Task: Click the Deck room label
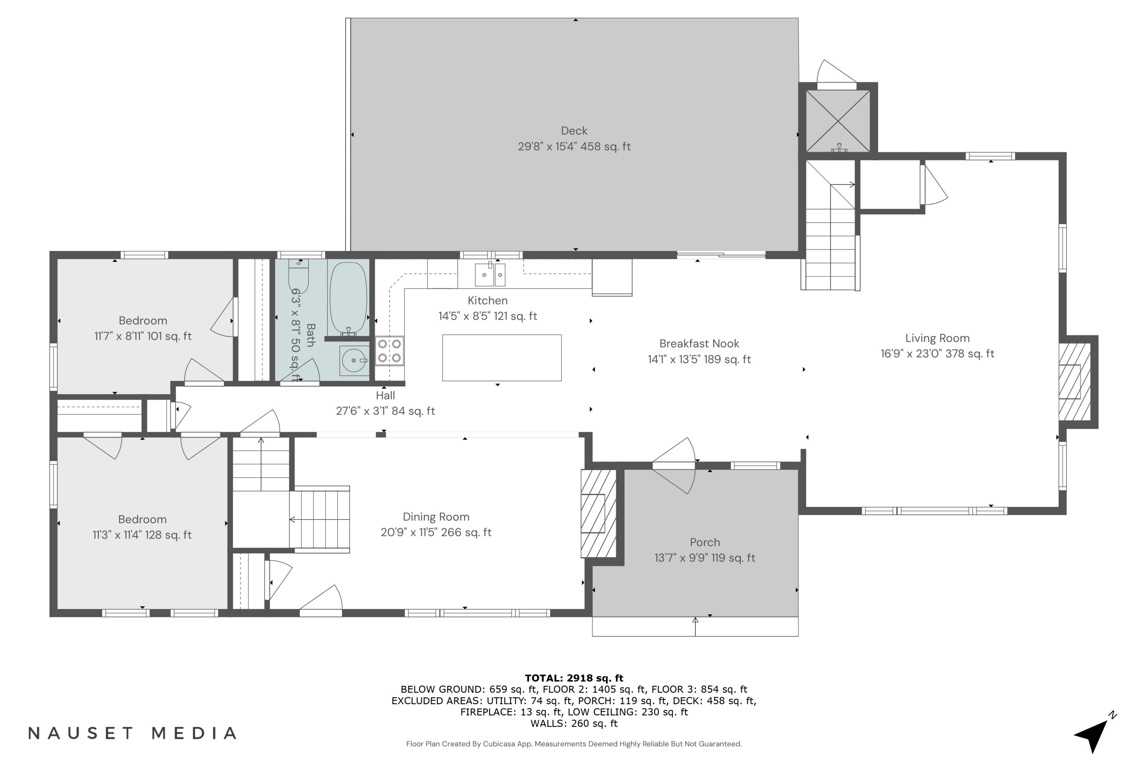point(574,131)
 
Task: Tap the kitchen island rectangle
point(502,358)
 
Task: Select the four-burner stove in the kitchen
point(390,351)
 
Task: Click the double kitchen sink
point(490,275)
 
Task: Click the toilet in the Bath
point(298,276)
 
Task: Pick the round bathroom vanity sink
point(354,361)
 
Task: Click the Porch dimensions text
point(704,558)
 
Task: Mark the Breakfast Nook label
point(699,343)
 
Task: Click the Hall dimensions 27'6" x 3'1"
point(385,411)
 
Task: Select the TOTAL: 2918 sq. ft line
point(574,678)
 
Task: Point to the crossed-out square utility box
point(838,120)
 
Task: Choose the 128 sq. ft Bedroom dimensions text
point(142,535)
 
